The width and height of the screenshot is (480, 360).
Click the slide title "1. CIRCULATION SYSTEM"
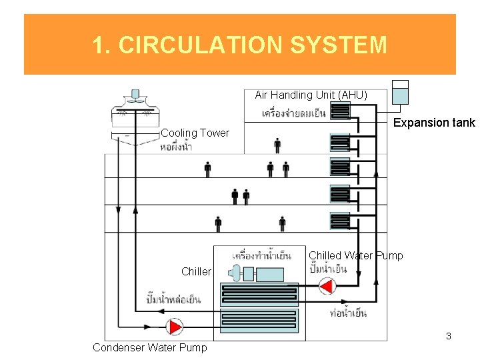click(x=239, y=45)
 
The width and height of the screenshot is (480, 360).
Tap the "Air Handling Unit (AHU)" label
click(x=311, y=95)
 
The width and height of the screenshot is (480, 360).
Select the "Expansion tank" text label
click(x=434, y=123)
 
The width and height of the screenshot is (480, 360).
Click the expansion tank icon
click(x=399, y=93)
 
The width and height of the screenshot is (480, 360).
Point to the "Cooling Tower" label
click(x=195, y=133)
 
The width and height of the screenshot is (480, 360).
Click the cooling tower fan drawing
click(x=135, y=106)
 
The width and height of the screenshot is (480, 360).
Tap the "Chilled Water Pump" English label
click(x=355, y=255)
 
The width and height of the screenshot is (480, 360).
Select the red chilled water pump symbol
click(x=326, y=286)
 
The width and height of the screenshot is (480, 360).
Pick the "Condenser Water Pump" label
click(x=150, y=347)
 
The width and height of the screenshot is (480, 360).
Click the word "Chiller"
click(x=196, y=271)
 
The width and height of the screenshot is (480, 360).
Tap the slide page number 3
click(x=449, y=336)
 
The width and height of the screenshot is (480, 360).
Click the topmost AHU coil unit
click(x=340, y=110)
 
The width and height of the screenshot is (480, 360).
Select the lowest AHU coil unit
click(x=340, y=221)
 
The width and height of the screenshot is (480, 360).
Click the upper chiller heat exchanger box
click(x=259, y=294)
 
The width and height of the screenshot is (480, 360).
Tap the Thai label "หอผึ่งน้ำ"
click(x=176, y=147)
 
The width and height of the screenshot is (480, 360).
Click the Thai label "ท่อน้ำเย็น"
click(x=348, y=313)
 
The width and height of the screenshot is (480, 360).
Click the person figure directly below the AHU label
click(x=277, y=145)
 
